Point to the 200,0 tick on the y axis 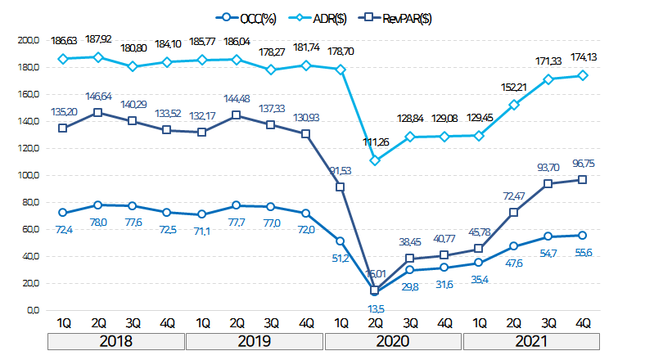click(29, 39)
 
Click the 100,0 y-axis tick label click(29, 175)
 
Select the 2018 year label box click(116, 341)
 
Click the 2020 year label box click(394, 341)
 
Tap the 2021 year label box click(532, 341)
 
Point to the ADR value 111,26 click(375, 142)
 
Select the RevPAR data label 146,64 click(98, 96)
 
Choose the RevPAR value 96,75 click(582, 163)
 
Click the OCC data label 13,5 click(375, 308)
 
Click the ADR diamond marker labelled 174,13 click(582, 75)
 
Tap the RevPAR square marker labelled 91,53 click(340, 187)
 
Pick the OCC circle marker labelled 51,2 click(340, 241)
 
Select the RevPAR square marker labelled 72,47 click(513, 213)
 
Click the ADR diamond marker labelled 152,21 click(513, 105)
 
